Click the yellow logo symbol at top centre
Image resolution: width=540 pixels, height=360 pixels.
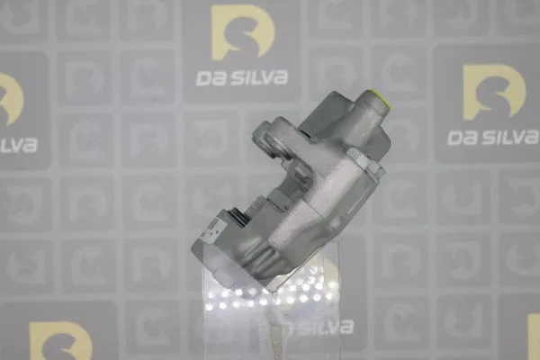point(242,36)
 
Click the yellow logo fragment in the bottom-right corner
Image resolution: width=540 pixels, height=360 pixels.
point(534,338)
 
